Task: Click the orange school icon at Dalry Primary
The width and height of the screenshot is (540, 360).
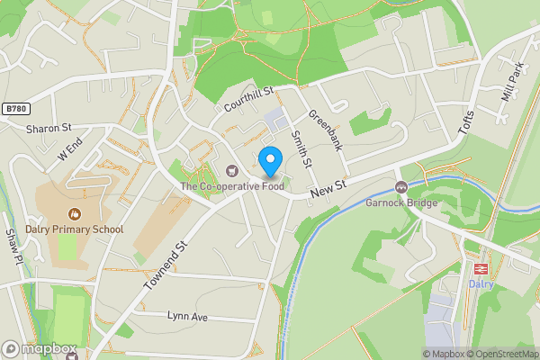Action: [x=73, y=214]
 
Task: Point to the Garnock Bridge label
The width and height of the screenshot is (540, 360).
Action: [x=401, y=202]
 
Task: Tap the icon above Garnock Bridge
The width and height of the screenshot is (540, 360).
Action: [x=400, y=187]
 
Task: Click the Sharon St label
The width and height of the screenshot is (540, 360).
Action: [x=49, y=129]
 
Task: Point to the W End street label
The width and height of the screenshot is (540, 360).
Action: [x=70, y=148]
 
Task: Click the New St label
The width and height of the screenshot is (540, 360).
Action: [x=328, y=188]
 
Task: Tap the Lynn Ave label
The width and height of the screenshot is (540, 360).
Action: [x=187, y=317]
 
